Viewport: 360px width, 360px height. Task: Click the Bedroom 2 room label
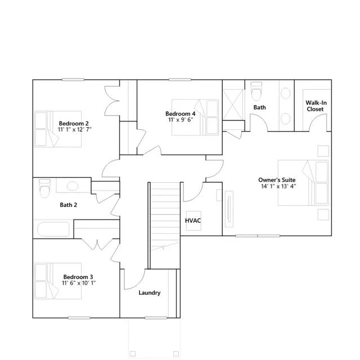74,123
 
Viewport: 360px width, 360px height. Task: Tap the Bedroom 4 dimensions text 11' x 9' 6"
180,120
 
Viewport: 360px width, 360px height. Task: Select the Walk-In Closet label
316,106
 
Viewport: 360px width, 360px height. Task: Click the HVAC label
193,220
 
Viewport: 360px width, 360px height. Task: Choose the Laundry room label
150,292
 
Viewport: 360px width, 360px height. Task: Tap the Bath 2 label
69,205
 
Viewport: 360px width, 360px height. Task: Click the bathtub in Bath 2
53,229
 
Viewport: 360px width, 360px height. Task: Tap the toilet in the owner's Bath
256,89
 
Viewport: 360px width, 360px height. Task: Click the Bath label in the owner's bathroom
259,107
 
